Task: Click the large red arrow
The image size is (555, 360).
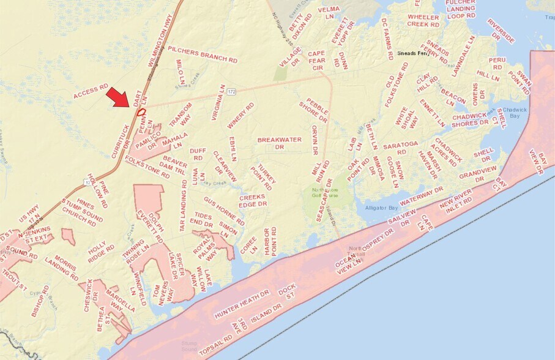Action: click(118, 97)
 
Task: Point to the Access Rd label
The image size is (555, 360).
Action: click(91, 92)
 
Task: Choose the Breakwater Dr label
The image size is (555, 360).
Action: click(279, 143)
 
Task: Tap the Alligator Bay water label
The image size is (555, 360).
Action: click(382, 208)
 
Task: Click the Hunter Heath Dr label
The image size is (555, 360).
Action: click(242, 304)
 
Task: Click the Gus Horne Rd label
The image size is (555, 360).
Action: click(224, 211)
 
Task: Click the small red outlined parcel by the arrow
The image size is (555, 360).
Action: click(141, 111)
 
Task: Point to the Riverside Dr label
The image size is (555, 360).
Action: click(501, 31)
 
